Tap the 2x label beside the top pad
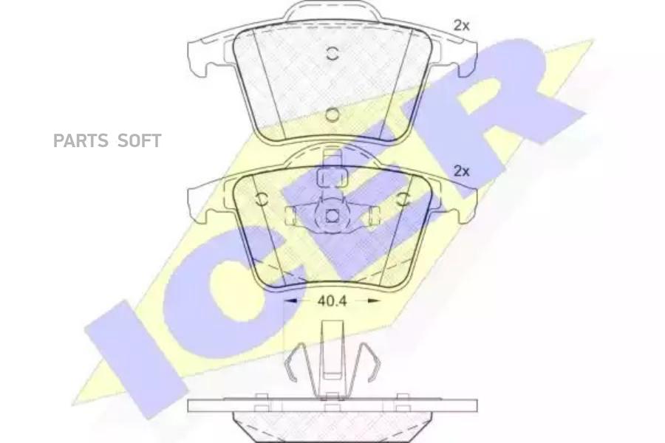point(461,26)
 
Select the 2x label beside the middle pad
point(461,171)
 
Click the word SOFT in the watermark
point(139,141)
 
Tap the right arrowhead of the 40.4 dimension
point(373,301)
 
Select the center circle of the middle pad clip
point(332,216)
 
